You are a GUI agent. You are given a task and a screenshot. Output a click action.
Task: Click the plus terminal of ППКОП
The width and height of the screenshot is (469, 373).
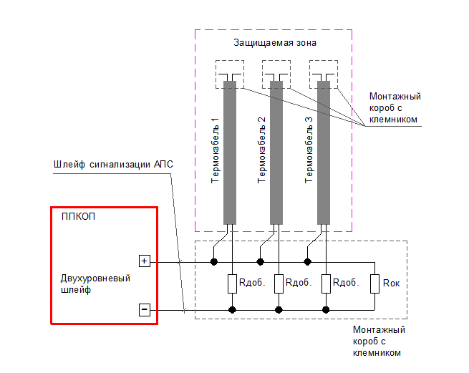click(x=144, y=261)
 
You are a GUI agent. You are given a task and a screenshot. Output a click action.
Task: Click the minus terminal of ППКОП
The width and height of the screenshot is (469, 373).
click(x=144, y=310)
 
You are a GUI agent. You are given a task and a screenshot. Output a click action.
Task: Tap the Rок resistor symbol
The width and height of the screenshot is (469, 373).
click(x=374, y=284)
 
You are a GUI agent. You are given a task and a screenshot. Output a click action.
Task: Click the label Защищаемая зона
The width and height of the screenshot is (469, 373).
click(x=275, y=43)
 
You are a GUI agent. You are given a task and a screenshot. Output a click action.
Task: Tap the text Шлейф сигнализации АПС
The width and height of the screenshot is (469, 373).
click(x=114, y=164)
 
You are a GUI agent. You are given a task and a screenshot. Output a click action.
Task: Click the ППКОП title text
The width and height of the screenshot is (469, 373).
click(x=79, y=217)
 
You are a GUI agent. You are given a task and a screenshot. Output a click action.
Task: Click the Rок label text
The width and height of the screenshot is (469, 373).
click(x=392, y=284)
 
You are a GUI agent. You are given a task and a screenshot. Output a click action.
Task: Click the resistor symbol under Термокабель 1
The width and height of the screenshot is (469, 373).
click(x=232, y=284)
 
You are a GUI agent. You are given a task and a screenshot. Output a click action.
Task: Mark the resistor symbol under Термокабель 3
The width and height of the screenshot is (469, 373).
click(x=326, y=284)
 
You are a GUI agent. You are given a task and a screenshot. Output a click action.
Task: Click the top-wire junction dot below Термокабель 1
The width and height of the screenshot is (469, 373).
click(x=213, y=262)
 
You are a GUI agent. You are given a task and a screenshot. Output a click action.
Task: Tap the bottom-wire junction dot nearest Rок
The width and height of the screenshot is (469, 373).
click(x=326, y=310)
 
